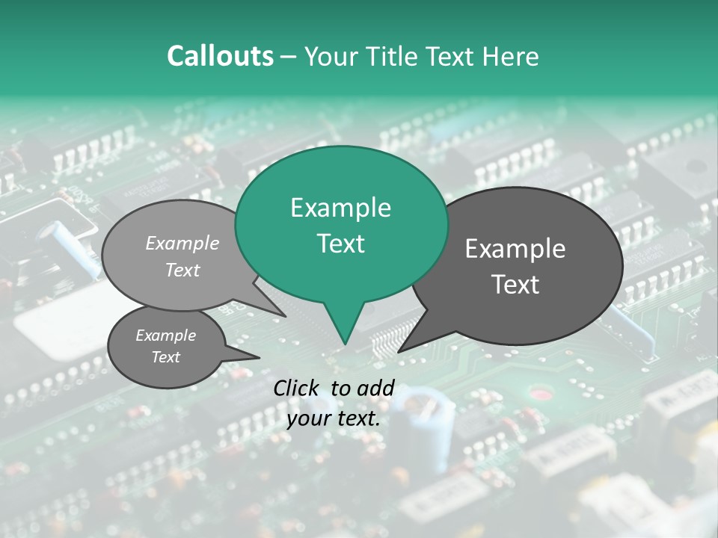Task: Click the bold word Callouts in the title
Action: [220, 56]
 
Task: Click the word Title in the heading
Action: [394, 56]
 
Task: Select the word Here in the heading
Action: [511, 56]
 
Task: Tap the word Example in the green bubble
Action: [340, 208]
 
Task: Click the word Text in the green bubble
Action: [340, 244]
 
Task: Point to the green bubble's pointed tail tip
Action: [345, 344]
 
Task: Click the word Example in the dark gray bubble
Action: [515, 249]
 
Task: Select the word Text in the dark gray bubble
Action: [515, 285]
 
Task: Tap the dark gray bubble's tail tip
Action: [399, 351]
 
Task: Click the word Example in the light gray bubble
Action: [182, 243]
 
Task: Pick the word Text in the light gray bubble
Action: [182, 270]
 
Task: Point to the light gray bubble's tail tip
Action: [286, 316]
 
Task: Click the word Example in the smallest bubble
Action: [165, 336]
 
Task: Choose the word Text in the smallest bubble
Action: [165, 357]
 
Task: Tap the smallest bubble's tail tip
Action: [260, 357]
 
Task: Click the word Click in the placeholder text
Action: [297, 388]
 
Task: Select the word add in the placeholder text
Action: [377, 388]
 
